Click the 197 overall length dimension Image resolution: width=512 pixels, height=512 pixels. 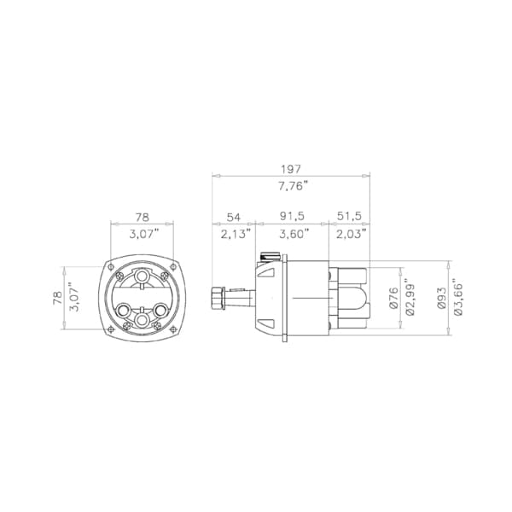click(291, 169)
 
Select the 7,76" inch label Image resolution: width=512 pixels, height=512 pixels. click(293, 187)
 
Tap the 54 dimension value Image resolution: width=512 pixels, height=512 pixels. click(234, 217)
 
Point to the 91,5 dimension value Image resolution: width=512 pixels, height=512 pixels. click(292, 216)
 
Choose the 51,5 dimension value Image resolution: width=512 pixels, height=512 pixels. click(349, 216)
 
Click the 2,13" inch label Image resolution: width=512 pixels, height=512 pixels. click(236, 234)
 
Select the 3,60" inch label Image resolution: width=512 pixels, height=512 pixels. click(294, 234)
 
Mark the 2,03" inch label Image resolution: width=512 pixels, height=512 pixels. click(351, 234)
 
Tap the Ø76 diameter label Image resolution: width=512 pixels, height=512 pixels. click(393, 298)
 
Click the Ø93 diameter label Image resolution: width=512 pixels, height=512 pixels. click(441, 298)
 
